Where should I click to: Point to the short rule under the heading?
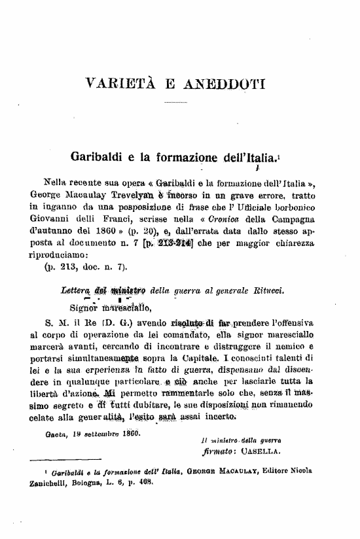175,103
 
